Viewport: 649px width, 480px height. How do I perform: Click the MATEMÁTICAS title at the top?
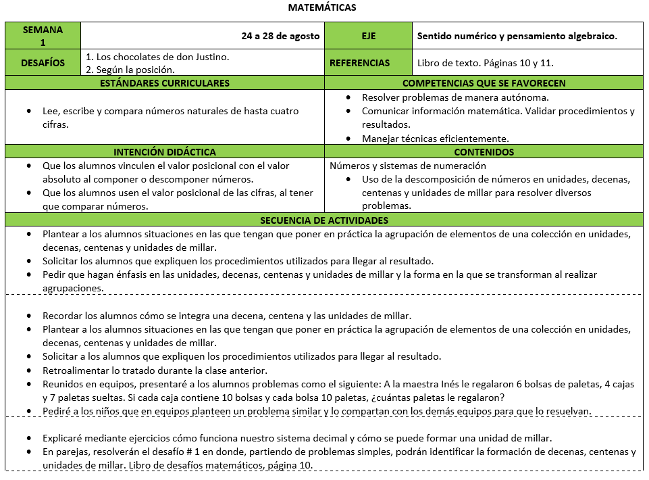[322, 8]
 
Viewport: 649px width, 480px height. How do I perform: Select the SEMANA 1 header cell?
[43, 36]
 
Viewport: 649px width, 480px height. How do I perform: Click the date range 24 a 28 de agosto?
[280, 37]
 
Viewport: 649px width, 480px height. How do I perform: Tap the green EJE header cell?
[368, 37]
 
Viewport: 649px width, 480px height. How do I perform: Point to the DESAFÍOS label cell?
[43, 63]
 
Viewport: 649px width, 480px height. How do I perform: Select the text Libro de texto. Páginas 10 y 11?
[486, 63]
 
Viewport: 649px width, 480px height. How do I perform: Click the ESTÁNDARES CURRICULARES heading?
[165, 83]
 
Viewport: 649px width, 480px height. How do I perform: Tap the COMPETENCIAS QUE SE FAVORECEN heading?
[484, 83]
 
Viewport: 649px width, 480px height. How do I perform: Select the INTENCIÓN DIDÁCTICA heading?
[165, 152]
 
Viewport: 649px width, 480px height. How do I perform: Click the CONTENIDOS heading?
[484, 152]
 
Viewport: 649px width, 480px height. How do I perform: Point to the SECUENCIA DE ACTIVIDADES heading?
[324, 220]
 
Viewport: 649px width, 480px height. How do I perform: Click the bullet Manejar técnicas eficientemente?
[435, 138]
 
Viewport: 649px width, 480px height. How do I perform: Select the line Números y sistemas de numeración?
[408, 166]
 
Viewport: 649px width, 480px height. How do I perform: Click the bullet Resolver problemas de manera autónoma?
[450, 97]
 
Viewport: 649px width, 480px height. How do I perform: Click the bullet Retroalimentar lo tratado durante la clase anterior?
[155, 370]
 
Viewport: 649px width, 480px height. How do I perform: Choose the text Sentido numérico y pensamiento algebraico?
[517, 37]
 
